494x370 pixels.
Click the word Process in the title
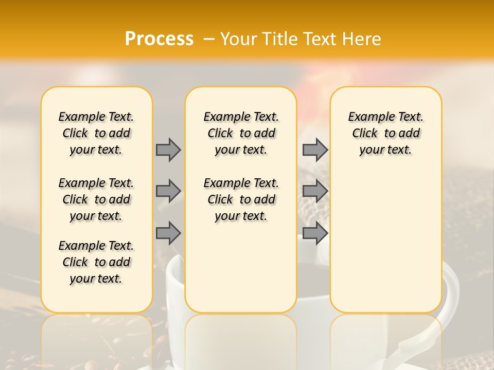point(159,39)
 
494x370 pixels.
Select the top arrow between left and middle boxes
point(168,150)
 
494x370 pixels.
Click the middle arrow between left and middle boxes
point(168,191)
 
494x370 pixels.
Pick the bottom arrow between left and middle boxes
point(168,233)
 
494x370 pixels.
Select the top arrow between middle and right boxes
point(315,150)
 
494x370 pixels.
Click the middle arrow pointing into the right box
point(315,191)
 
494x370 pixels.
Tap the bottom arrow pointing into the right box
point(315,233)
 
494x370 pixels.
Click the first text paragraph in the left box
point(96,133)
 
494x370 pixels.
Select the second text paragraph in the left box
point(96,199)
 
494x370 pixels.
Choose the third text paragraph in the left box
point(96,262)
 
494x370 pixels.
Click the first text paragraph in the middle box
point(241,133)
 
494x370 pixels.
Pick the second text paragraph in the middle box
point(241,199)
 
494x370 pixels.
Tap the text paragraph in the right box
point(385,133)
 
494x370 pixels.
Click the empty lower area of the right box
point(385,247)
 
